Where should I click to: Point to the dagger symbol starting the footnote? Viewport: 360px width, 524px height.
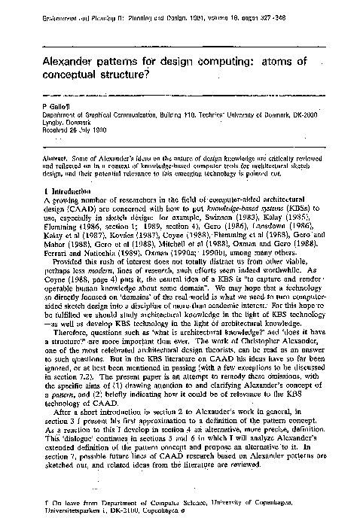(x=46, y=500)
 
